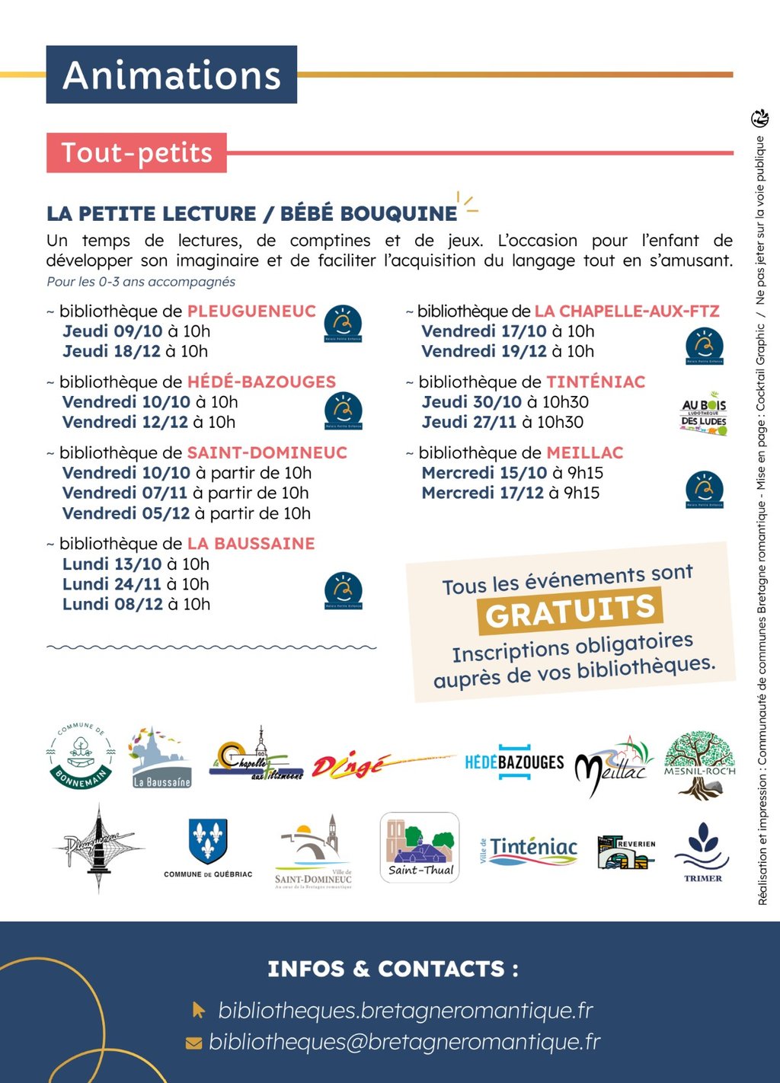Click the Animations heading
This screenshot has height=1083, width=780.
171,75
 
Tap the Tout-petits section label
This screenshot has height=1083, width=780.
136,152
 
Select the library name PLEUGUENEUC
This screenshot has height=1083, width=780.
251,311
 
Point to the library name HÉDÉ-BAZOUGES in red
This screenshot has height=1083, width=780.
261,382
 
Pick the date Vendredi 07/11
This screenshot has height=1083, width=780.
125,493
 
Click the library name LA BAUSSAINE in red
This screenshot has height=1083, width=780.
251,544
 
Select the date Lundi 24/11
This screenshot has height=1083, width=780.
112,584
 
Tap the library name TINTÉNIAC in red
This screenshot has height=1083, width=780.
596,382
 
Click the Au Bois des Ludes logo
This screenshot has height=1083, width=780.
704,414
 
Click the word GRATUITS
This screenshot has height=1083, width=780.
571,610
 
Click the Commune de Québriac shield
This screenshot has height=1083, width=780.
208,842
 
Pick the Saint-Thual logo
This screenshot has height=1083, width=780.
420,847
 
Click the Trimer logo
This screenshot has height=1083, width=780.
702,851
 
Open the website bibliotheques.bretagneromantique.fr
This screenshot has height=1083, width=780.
405,1011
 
